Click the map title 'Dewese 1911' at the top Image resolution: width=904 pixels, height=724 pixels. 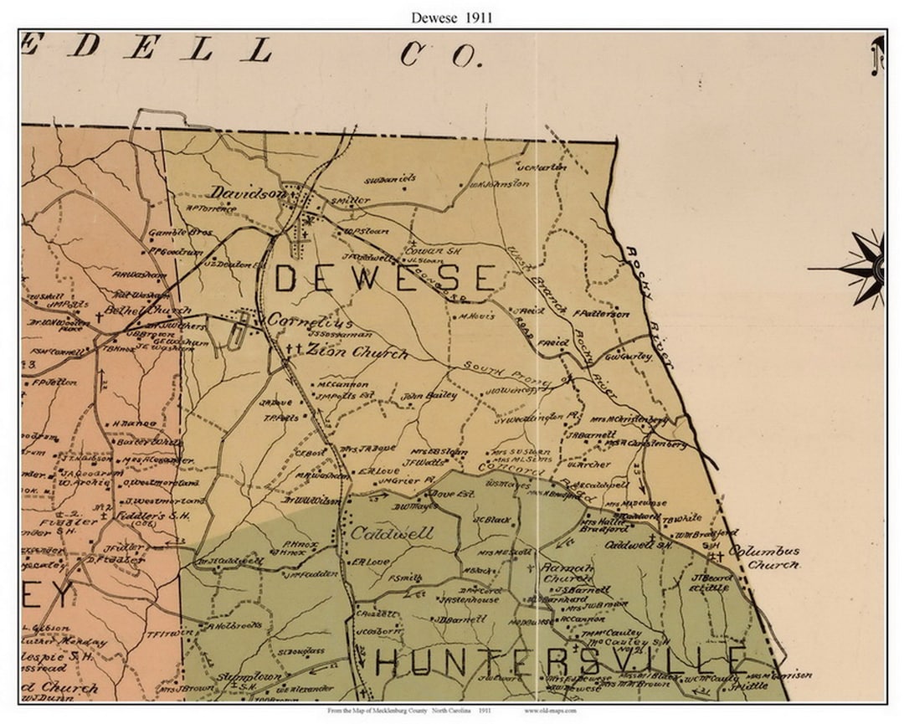coord(451,17)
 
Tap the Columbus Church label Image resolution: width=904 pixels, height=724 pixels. coord(763,557)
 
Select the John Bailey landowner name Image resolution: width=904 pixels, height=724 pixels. coord(429,395)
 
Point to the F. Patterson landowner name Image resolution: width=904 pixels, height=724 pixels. coord(600,314)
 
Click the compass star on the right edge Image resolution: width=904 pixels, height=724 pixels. coord(866,269)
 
